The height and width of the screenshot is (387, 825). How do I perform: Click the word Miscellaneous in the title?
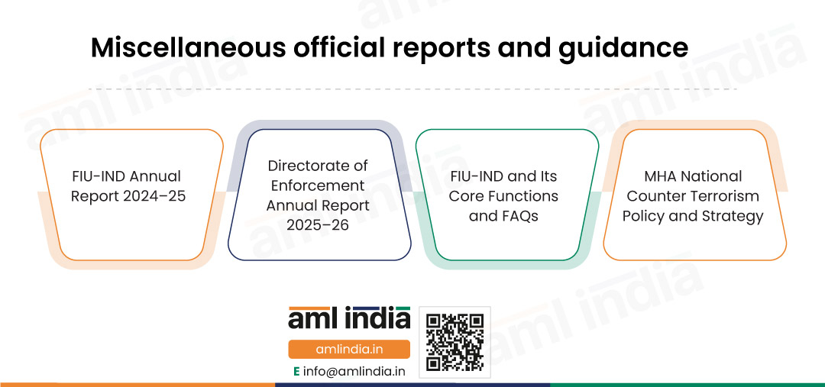point(188,48)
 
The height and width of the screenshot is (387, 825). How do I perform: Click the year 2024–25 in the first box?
point(154,195)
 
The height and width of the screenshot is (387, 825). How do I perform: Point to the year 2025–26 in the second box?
point(318,226)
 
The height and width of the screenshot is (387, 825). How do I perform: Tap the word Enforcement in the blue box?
point(318,185)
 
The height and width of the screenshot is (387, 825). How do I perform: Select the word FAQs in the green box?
point(518,215)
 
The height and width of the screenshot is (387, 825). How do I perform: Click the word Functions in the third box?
point(525,195)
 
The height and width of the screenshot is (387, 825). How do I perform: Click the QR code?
point(455,342)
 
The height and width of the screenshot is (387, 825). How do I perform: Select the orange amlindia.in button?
point(349,350)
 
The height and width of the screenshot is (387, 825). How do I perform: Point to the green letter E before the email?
point(296,371)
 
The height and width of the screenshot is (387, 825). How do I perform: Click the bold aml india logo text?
point(349,318)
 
